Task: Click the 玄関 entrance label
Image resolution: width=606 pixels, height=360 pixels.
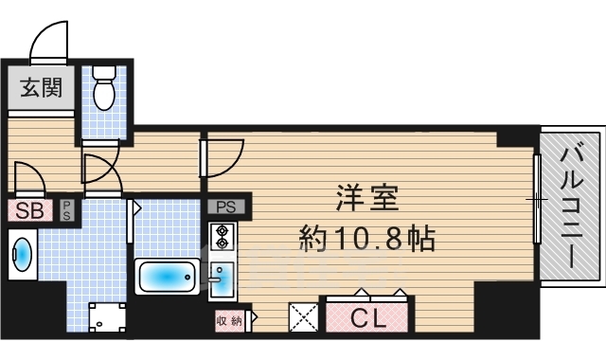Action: (x=41, y=88)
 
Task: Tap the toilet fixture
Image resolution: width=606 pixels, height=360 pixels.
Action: (x=104, y=88)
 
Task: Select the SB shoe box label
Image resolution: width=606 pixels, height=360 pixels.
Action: (x=29, y=210)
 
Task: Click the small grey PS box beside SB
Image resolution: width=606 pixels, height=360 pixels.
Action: (x=66, y=210)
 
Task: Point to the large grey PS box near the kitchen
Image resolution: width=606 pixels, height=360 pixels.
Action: (x=226, y=207)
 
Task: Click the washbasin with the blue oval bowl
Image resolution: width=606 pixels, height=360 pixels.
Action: (x=23, y=254)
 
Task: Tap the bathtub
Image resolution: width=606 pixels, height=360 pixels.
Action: (x=167, y=277)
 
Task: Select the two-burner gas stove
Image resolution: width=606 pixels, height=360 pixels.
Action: (x=222, y=237)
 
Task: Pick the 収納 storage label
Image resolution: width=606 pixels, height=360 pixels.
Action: (x=229, y=320)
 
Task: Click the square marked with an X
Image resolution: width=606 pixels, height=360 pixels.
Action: (x=303, y=317)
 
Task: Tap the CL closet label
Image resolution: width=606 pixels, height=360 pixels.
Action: (x=367, y=318)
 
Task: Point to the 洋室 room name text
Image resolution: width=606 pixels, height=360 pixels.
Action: (x=367, y=198)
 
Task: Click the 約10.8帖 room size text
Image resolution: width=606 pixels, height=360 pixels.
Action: (x=367, y=238)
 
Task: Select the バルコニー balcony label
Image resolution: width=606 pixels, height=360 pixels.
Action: (x=572, y=206)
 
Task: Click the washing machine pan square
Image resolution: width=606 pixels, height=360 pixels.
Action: (x=107, y=317)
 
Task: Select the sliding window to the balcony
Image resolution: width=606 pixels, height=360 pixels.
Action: (x=537, y=199)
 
